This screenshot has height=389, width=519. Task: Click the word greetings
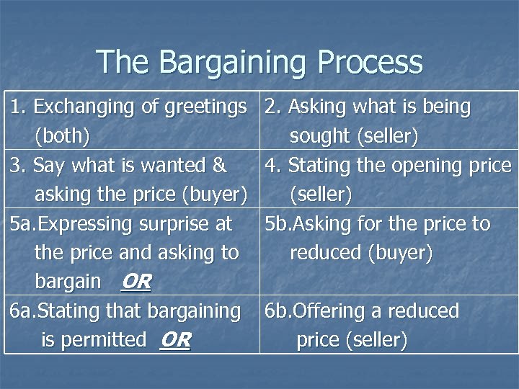pos(206,108)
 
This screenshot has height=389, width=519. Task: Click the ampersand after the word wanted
pos(219,166)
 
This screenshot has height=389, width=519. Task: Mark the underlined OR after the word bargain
pos(136,282)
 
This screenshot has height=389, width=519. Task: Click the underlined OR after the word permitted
pos(175,339)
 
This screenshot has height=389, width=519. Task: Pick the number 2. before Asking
pos(273,107)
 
